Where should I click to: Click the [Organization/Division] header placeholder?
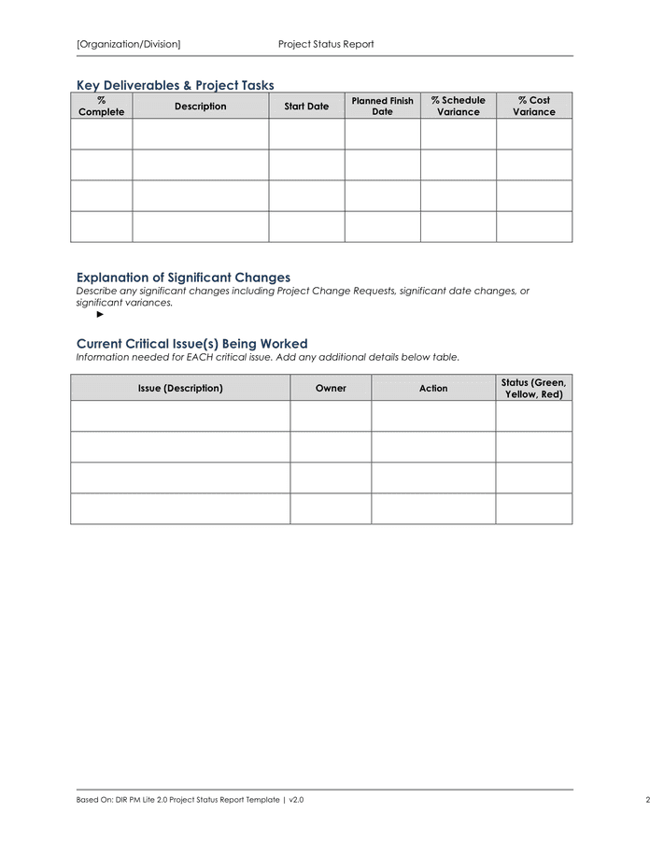pos(128,44)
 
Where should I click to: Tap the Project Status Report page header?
pos(326,44)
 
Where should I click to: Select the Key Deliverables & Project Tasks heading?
pos(175,85)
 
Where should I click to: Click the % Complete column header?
pos(101,106)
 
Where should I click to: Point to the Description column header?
pos(200,106)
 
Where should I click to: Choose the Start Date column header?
pos(306,106)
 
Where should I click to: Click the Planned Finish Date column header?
pos(382,106)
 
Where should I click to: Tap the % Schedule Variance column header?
pos(458,106)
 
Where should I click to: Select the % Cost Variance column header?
pos(533,106)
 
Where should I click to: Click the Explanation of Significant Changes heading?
pos(183,278)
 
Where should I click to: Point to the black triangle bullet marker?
pos(101,315)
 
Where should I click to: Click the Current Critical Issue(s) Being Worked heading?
pos(191,344)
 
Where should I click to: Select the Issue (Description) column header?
pos(180,388)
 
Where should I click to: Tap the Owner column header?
pos(331,388)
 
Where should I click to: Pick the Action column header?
pos(433,388)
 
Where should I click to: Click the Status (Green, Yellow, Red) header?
pos(533,388)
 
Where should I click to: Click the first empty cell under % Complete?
pos(101,134)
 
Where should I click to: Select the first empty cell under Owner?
pos(331,416)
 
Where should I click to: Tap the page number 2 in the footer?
pos(646,800)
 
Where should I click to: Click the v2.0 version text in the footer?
pos(296,800)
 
